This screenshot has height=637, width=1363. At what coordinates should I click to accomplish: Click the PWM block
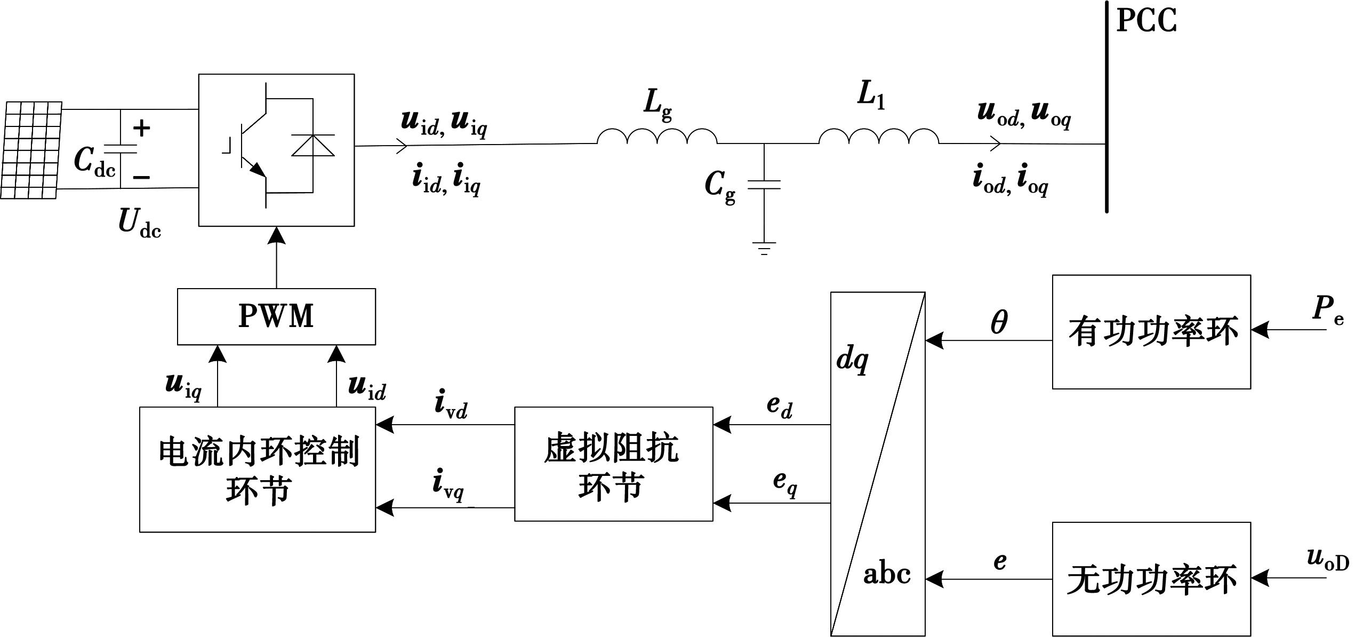pos(276,316)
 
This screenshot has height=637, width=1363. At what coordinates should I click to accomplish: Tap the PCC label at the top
pos(1146,21)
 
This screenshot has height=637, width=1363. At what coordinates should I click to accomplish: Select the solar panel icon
pos(31,150)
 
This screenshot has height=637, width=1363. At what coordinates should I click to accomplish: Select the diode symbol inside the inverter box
pos(313,145)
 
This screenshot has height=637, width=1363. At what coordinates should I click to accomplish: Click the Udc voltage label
pos(139,222)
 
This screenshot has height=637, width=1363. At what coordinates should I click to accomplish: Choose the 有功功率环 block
pos(1151,332)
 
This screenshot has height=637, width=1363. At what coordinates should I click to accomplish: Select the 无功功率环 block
pos(1151,579)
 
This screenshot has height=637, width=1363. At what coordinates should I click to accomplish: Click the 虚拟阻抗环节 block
pos(613,464)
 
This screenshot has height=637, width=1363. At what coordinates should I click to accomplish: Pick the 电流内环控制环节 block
pos(258,469)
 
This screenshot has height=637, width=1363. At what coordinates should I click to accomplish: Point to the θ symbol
pos(999,322)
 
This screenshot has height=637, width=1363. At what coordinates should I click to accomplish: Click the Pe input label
pos(1327,310)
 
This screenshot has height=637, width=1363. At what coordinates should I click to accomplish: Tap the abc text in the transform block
pos(887,575)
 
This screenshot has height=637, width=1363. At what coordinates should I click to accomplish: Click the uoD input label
pos(1327,559)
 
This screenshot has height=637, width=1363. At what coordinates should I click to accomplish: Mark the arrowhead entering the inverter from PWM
pos(276,235)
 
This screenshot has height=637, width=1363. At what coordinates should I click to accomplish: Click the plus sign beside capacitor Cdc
pos(141,128)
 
